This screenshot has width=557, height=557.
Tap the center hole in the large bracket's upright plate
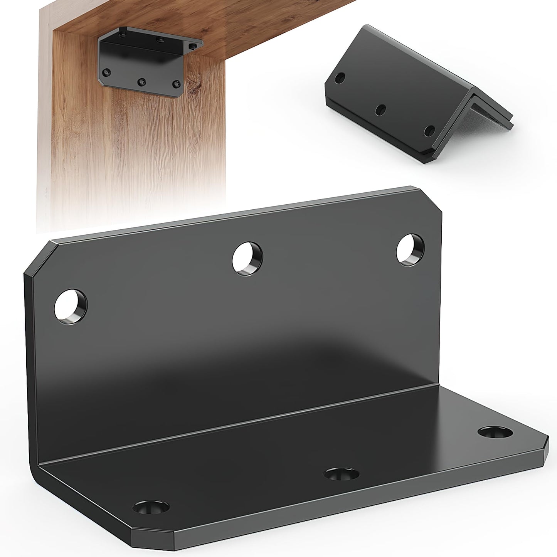[x=248, y=259]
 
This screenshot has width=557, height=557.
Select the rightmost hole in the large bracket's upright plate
[x=411, y=250]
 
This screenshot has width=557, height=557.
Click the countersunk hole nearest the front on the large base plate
[x=150, y=509]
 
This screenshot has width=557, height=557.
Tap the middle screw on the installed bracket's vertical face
[x=142, y=82]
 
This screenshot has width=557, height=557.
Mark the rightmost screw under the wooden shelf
[x=193, y=46]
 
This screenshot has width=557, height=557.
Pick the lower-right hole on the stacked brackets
[x=429, y=131]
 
